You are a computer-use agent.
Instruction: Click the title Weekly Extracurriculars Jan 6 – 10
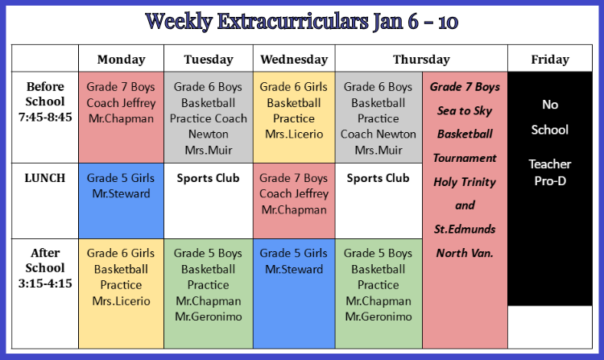coord(302,22)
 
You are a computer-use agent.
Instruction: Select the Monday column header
coord(122,60)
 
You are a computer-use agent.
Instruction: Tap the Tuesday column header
coord(209,60)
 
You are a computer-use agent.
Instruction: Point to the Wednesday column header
coord(294,60)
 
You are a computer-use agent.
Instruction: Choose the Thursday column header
coord(421,60)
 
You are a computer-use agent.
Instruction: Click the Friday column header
coord(550,60)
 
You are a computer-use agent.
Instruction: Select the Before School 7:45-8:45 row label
coord(45,101)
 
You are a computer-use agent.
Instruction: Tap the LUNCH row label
coord(45,178)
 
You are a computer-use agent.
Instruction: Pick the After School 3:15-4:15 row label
coord(45,268)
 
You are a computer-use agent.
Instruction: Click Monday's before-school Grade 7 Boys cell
coord(122,118)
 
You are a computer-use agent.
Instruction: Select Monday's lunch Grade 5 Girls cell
coord(122,201)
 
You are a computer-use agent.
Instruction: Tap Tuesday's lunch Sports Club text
coord(209,178)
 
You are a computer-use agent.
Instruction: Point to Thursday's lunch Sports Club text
coord(379,178)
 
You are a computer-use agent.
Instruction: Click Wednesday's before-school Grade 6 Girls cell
coord(294,118)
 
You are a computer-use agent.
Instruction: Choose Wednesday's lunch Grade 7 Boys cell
coord(294,201)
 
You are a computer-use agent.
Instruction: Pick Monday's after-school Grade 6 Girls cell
coord(122,294)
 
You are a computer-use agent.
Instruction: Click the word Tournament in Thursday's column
coord(465,158)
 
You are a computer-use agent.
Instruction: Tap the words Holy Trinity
coord(465,182)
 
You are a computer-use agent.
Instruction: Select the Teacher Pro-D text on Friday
coord(550,172)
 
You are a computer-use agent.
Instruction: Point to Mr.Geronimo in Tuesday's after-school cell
coord(209,317)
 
